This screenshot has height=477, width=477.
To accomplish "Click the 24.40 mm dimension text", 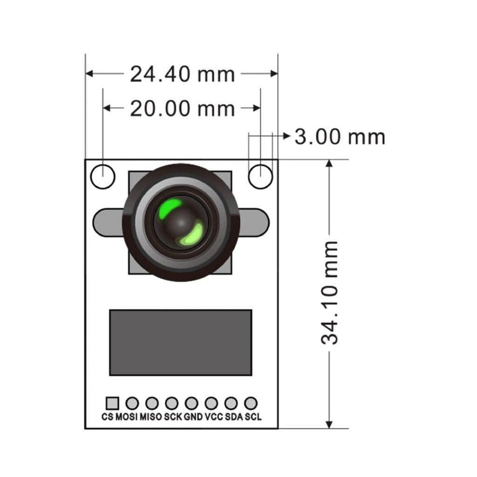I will pyautogui.click(x=182, y=74).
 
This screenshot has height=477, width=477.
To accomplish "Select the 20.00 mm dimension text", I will pyautogui.click(x=182, y=109).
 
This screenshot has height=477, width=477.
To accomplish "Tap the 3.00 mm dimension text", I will pyautogui.click(x=339, y=137).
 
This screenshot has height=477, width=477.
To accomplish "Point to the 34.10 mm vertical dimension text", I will pyautogui.click(x=330, y=293).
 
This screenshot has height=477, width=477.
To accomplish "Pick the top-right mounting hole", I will pyautogui.click(x=260, y=176).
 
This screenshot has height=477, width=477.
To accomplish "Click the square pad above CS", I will pyautogui.click(x=112, y=403).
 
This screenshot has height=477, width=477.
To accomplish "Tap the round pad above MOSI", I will pyautogui.click(x=132, y=403).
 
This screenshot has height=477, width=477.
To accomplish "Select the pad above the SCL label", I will pyautogui.click(x=251, y=403).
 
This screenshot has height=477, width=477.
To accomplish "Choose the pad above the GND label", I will pyautogui.click(x=191, y=403).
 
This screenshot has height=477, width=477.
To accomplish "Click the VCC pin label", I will pyautogui.click(x=213, y=417).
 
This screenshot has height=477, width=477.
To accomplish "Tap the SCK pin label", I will pyautogui.click(x=173, y=417).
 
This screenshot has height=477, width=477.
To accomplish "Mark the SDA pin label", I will pyautogui.click(x=234, y=417).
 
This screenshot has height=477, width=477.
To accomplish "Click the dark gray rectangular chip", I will pyautogui.click(x=180, y=342).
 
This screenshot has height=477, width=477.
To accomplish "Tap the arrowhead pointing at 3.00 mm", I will pyautogui.click(x=286, y=137).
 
